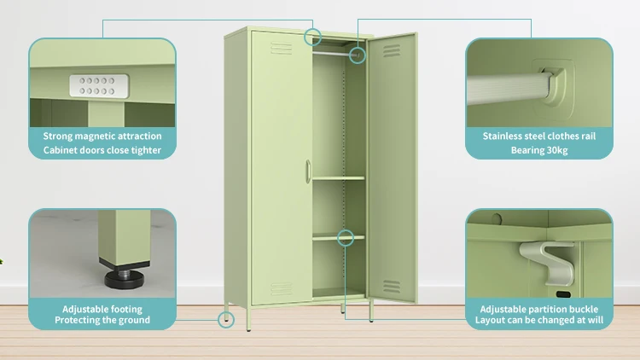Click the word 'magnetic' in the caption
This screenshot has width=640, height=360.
click(96, 136)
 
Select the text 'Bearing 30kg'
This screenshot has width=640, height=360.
click(538, 151)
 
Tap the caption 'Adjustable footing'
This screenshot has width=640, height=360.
click(102, 308)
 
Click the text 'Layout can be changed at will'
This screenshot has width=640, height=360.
click(538, 321)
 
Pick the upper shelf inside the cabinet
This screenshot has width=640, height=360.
click(338, 178)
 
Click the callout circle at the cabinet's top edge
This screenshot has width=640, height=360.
click(313, 36)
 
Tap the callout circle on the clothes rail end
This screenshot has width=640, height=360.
click(358, 55)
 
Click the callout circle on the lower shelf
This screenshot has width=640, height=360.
click(346, 237)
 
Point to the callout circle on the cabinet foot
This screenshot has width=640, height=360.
click(226, 319)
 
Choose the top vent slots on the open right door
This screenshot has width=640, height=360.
click(392, 51)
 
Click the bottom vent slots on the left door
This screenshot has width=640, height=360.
click(282, 289)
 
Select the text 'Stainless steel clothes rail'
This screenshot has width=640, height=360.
click(538, 136)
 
